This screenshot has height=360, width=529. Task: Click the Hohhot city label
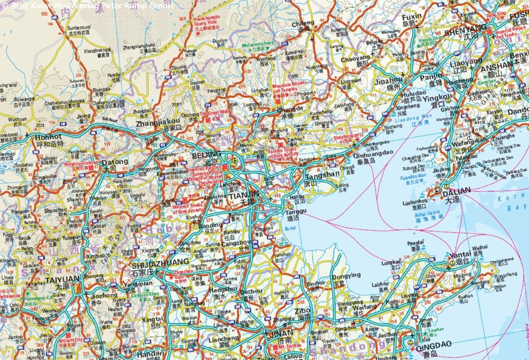[49, 136]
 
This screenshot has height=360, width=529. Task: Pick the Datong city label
[115, 162]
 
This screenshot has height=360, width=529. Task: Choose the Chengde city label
[289, 109]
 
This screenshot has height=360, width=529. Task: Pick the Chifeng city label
[303, 24]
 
